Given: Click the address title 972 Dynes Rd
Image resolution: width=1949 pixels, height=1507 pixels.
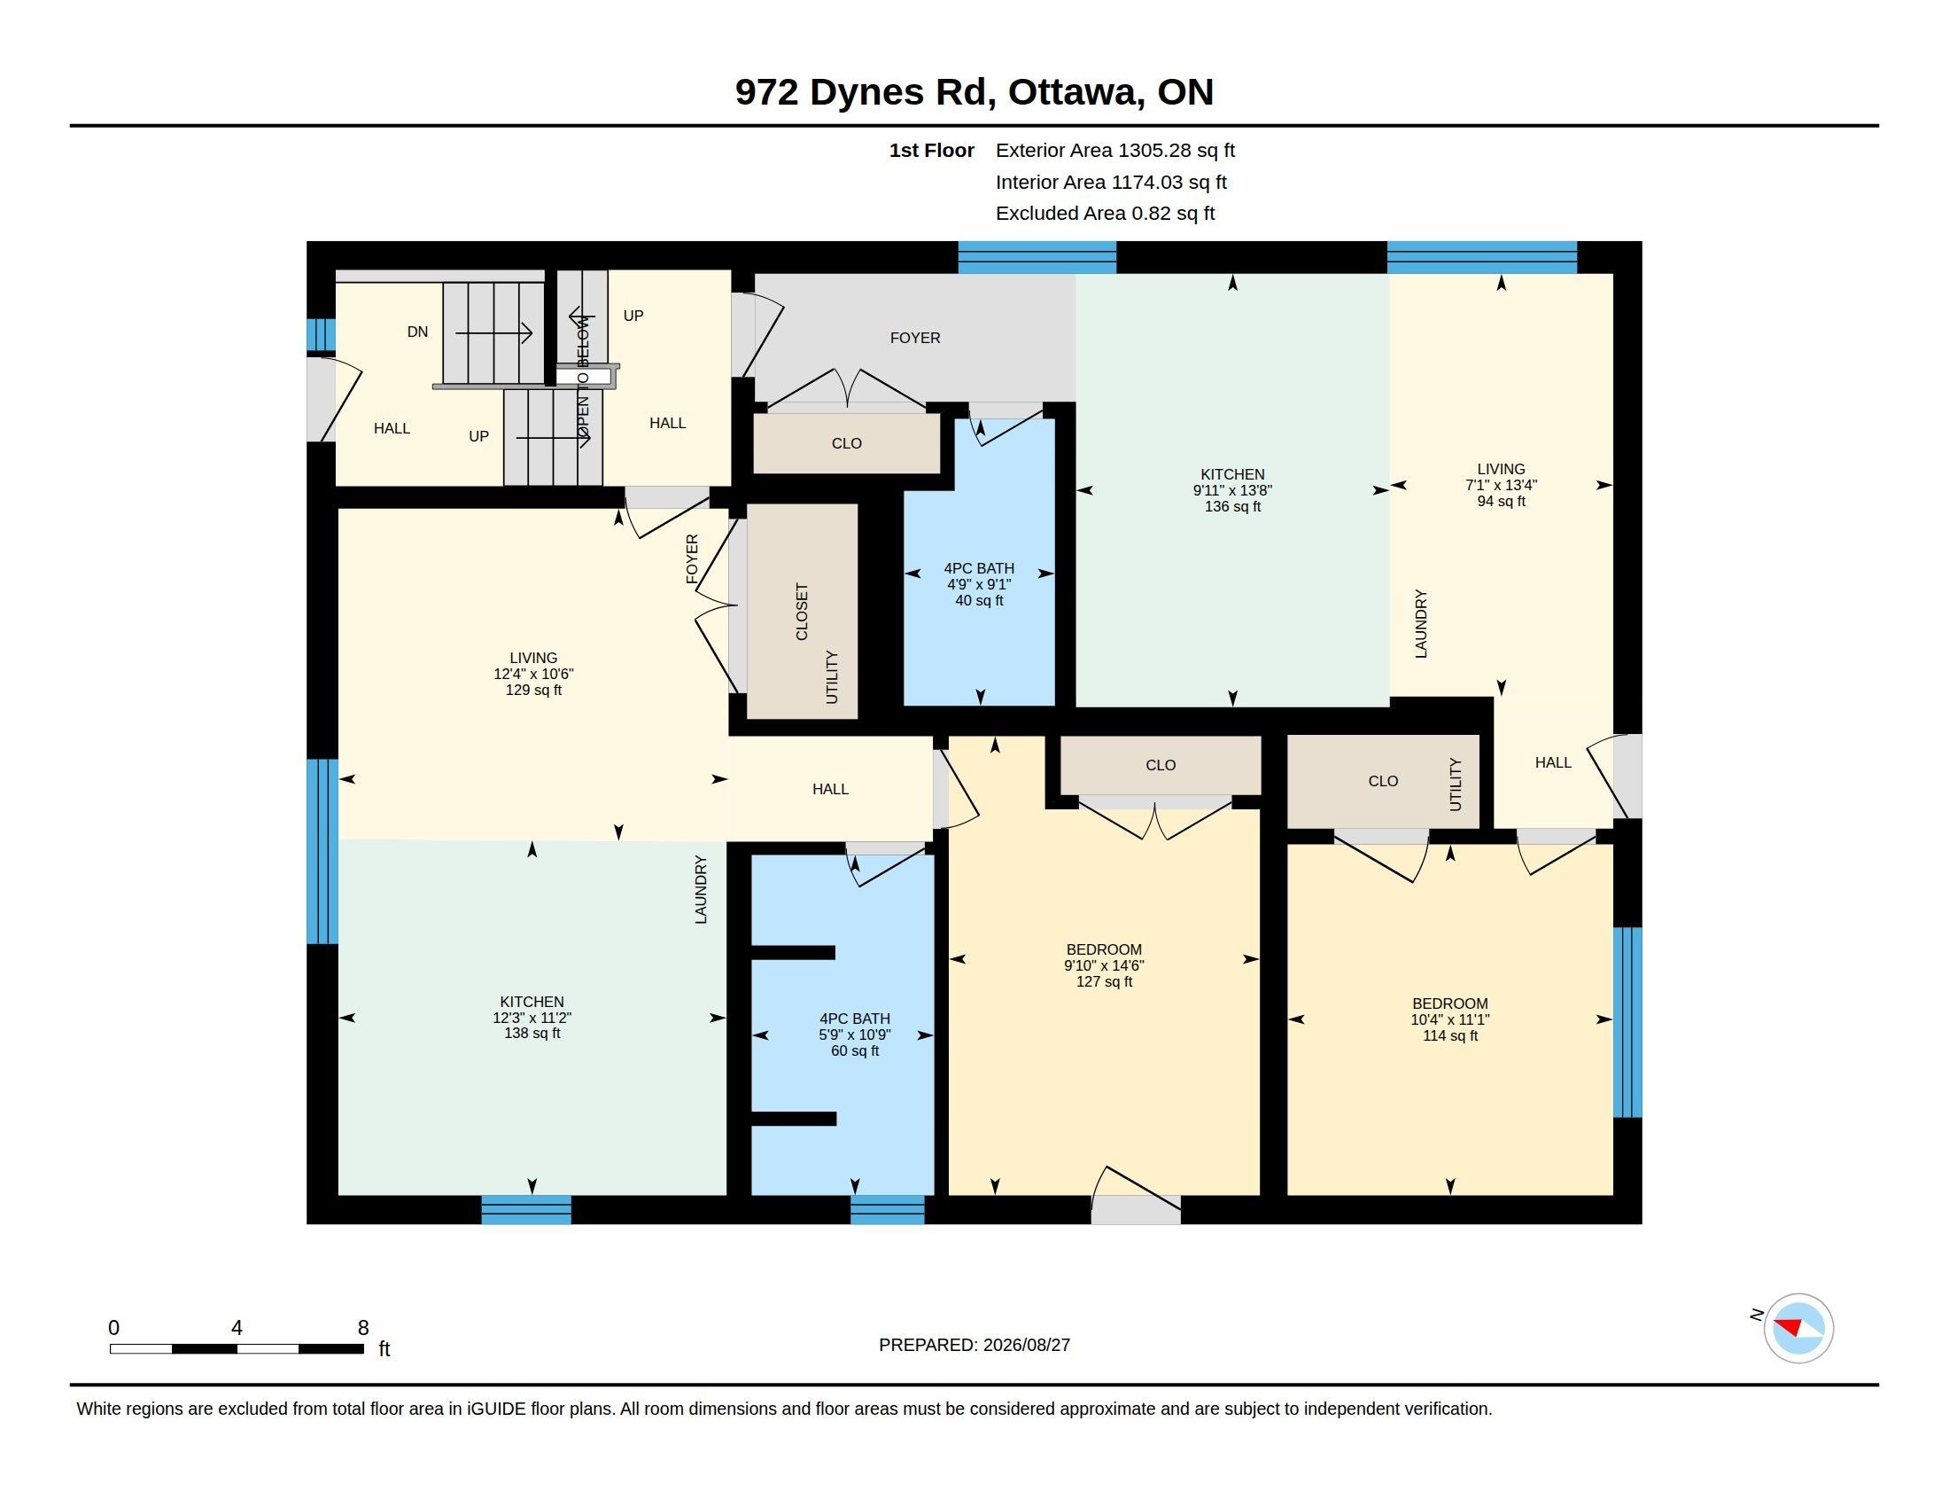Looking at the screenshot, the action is point(861,92).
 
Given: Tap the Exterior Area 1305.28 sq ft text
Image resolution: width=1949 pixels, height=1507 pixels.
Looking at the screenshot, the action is point(1114,150).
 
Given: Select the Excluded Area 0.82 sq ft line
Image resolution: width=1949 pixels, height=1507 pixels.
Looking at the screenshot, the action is point(1105,213).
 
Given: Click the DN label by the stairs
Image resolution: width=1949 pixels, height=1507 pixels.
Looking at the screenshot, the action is point(417,332).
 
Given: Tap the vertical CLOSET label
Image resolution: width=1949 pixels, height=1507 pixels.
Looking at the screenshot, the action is point(802,612).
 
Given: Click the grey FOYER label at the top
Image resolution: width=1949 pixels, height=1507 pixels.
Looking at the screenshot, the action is point(915,338).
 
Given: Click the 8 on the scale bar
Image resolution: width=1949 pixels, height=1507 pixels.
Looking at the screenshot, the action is point(363,1328).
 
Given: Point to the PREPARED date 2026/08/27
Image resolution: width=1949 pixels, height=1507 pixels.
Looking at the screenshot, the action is point(974,1345).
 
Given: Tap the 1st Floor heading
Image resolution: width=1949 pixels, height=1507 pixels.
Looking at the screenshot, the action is point(932,150).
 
